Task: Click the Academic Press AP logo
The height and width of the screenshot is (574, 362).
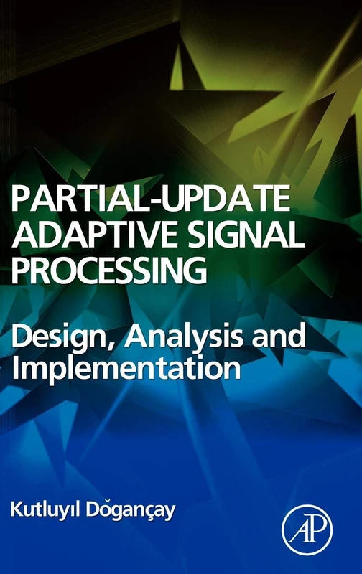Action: click(307, 530)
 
